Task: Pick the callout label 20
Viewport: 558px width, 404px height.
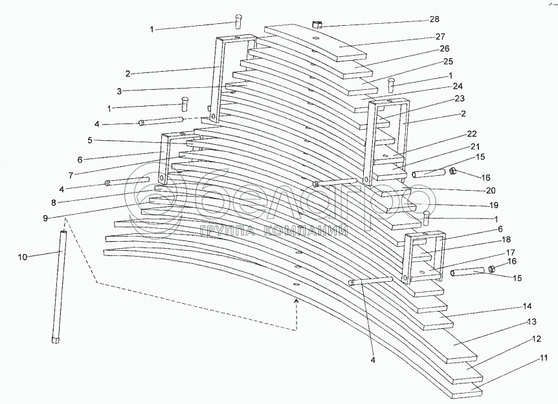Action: click(490, 191)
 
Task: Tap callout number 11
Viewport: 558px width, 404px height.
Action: click(544, 357)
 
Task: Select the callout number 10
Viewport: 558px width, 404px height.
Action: click(23, 257)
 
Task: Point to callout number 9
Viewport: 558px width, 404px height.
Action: click(45, 217)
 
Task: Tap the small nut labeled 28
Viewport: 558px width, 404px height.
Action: click(317, 25)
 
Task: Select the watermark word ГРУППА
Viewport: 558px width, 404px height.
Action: click(227, 231)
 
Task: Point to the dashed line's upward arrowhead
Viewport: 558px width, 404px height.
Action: click(296, 301)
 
